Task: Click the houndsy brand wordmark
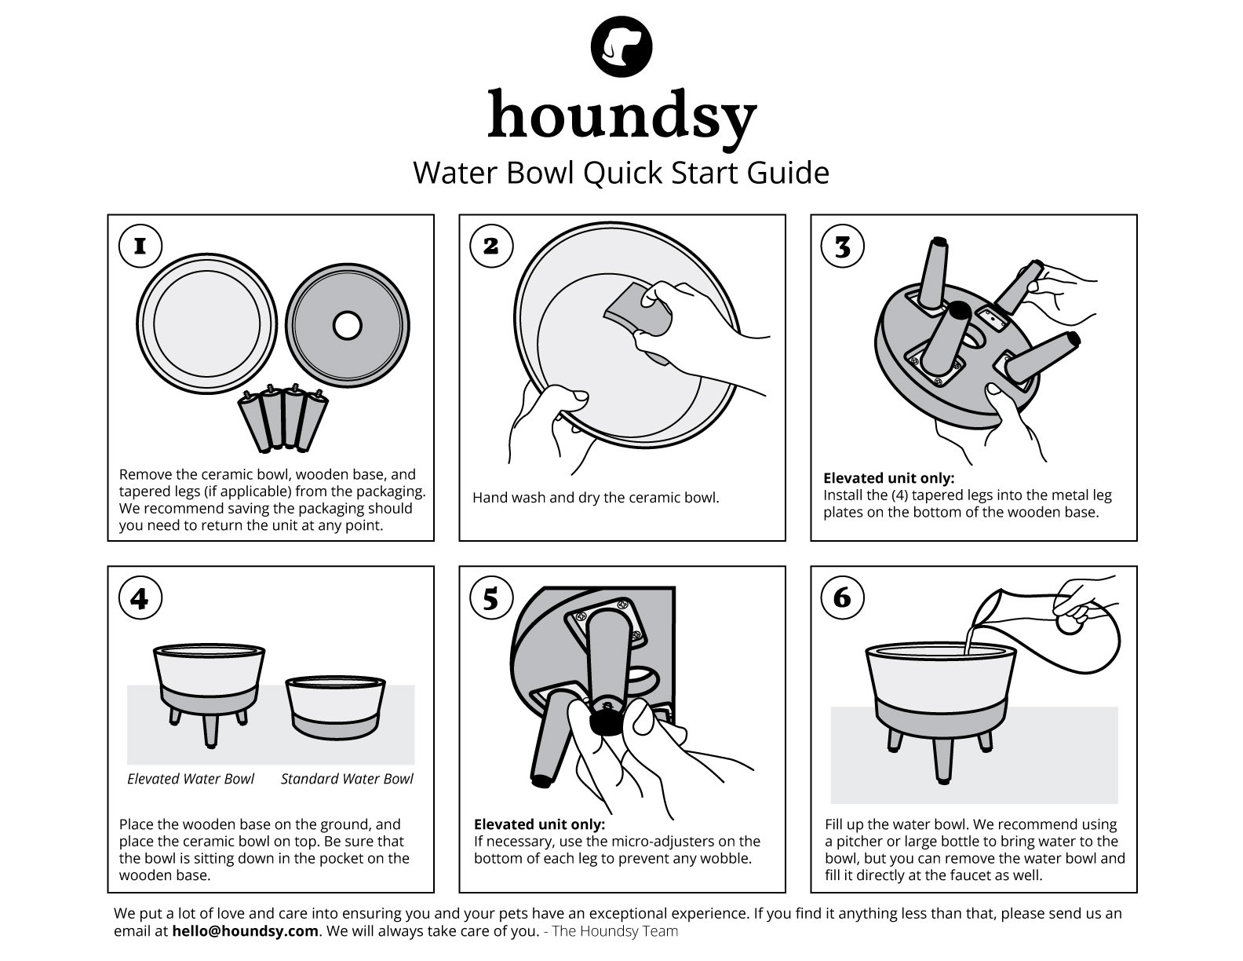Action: coord(621,116)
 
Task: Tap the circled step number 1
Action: coord(140,246)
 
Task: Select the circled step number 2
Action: coord(491,246)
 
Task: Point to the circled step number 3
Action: coord(842,246)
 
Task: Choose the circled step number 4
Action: coord(140,598)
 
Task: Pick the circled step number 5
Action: coord(491,598)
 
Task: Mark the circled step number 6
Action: coord(842,598)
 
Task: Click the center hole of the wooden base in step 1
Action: coord(347,325)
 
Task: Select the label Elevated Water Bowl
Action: coord(191,779)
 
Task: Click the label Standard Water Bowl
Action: coord(347,779)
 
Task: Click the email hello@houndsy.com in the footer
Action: coord(256,931)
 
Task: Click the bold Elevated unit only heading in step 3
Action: coord(888,478)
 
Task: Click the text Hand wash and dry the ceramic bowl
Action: coord(596,498)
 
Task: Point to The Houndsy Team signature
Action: coord(614,931)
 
